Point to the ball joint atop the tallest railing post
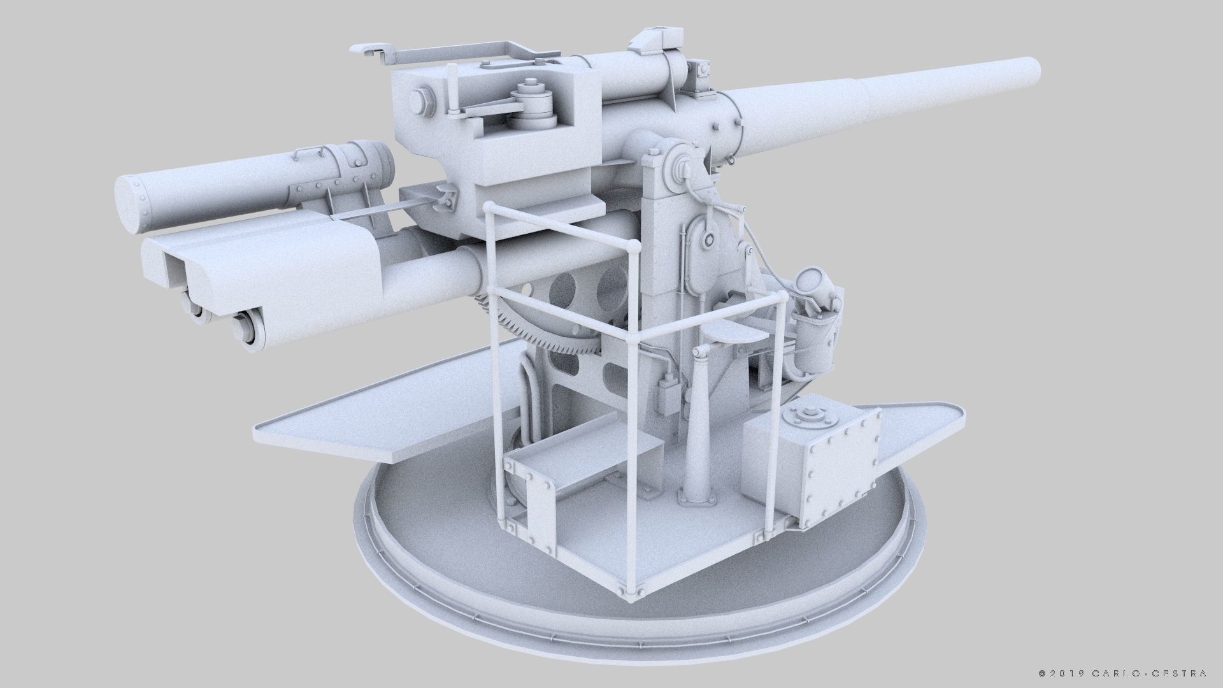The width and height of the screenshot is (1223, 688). [x=634, y=246]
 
